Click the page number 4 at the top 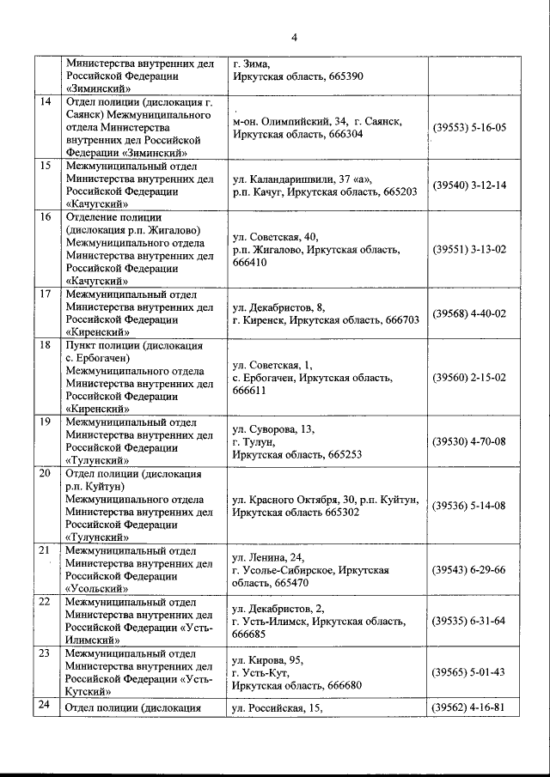(293, 37)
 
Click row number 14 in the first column (46, 104)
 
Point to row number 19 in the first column (46, 422)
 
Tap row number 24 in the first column (46, 707)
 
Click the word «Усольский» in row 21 (98, 589)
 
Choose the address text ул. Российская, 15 (277, 707)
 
